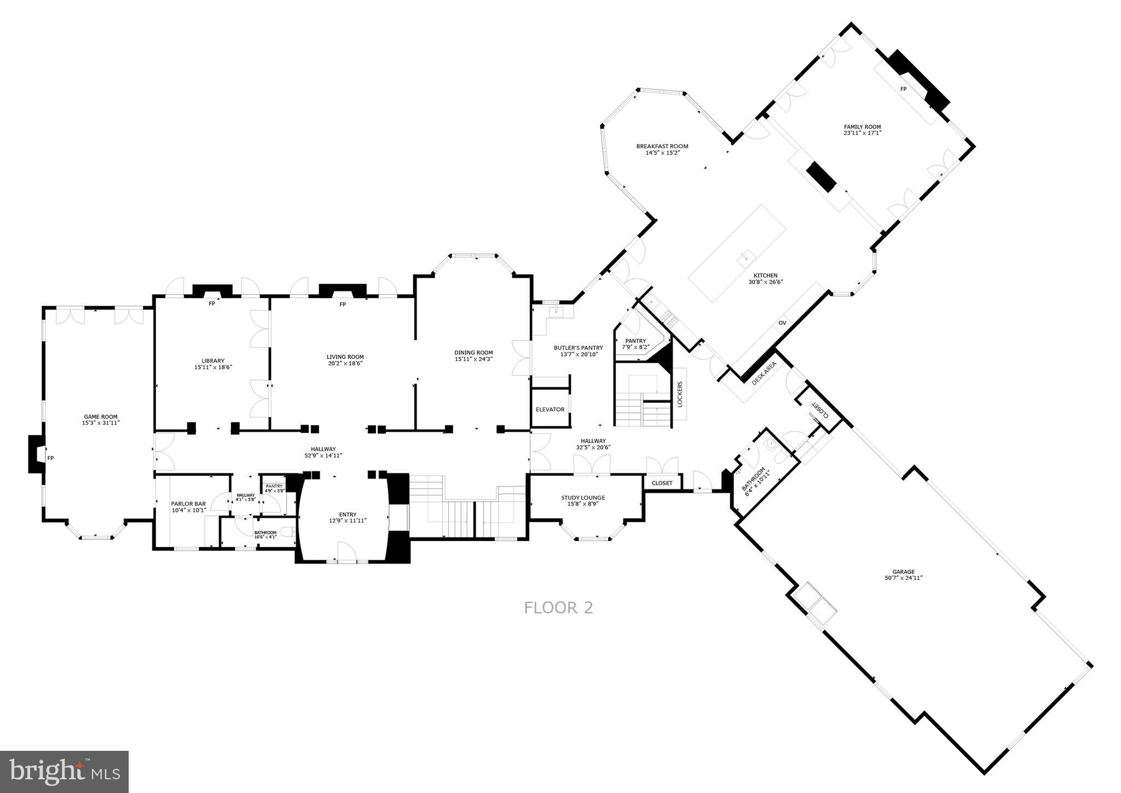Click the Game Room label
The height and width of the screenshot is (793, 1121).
[x=101, y=417]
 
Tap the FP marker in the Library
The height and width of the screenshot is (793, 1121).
[x=212, y=303]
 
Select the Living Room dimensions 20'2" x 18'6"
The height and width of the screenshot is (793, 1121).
[x=345, y=364]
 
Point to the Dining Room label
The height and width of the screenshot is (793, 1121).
[x=473, y=353]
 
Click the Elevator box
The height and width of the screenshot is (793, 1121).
[x=550, y=410]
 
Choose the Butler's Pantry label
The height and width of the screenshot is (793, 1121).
[x=578, y=348]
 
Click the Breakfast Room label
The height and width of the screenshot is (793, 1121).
[x=662, y=146]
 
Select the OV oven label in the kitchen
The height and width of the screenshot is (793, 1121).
[x=782, y=323]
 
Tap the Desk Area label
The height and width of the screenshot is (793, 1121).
[x=764, y=373]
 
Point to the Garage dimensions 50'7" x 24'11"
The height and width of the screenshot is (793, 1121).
[x=903, y=578]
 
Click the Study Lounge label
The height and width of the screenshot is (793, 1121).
[x=583, y=498]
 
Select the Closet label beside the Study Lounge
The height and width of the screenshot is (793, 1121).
[x=662, y=483]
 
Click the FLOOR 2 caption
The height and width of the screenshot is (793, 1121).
[x=558, y=608]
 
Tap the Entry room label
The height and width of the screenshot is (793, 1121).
[x=348, y=514]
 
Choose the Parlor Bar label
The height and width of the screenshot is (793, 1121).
[x=188, y=504]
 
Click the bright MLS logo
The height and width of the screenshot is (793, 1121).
[x=65, y=772]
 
